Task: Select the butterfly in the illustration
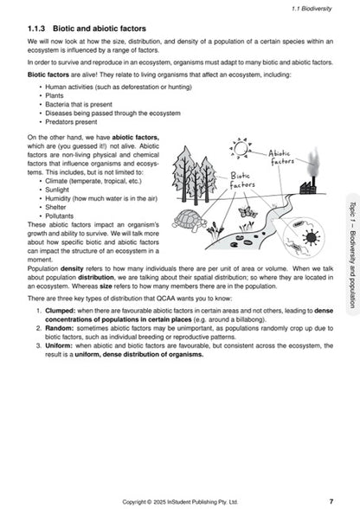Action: [247, 210]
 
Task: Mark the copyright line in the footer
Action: [180, 500]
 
